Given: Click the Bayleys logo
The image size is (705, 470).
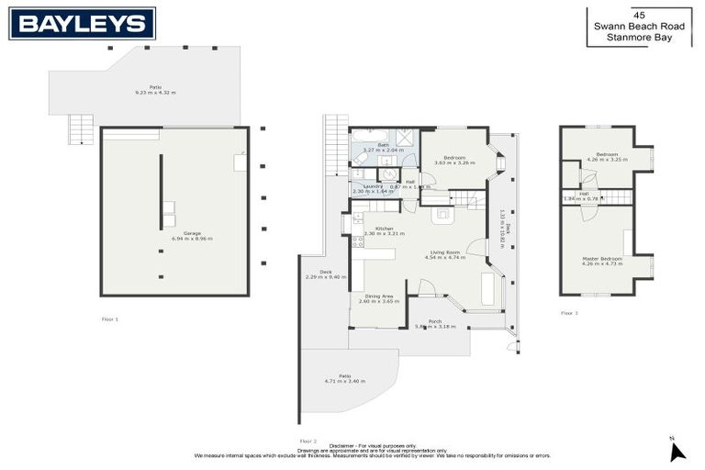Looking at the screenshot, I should coord(82,23).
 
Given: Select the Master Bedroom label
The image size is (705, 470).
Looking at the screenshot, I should coord(603,259).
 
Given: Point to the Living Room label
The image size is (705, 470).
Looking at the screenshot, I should coord(445,252).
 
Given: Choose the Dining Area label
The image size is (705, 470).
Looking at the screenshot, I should coord(379,297).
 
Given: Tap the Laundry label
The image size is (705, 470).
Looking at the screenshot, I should coord(373,186).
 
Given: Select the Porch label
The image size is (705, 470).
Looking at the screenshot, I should coord(434,321).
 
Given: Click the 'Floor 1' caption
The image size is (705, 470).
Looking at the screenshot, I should coord(110,319).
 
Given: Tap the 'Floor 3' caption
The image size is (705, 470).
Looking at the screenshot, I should coord(569,313).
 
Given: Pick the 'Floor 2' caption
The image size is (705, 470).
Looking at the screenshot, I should coord(308,441).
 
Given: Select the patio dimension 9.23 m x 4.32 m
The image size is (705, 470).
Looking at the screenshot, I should coord(155,93).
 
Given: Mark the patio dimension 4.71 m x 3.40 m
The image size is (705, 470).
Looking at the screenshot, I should coord(345,380).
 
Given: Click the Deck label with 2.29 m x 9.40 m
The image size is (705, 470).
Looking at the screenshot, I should coord(325,273).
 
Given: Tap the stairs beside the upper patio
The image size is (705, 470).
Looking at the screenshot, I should coord(82,129).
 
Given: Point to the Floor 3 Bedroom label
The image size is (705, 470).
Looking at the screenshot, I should coord(607,154).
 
